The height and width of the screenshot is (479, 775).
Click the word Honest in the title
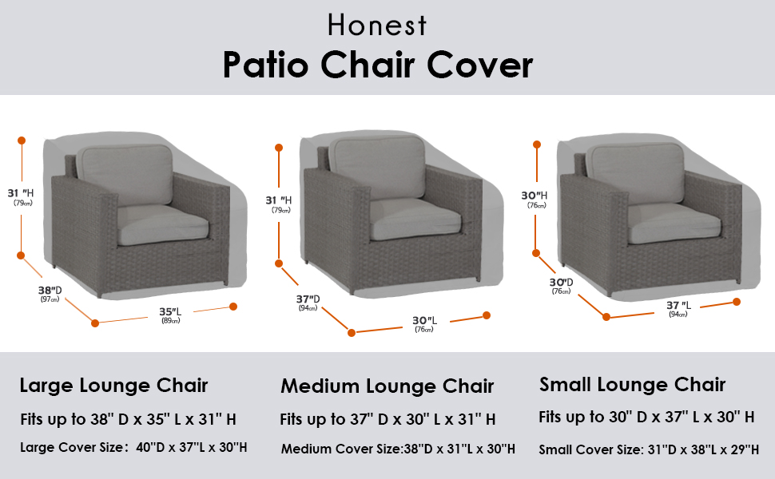(x=376, y=26)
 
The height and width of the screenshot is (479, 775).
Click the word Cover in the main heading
(x=479, y=65)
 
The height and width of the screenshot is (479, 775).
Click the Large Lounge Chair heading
(x=113, y=385)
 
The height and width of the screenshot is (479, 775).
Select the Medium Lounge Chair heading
(x=387, y=386)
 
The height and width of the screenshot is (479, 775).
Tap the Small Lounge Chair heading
(x=633, y=384)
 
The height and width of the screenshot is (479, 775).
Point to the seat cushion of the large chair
(x=162, y=224)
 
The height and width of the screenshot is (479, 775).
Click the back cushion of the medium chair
(x=377, y=168)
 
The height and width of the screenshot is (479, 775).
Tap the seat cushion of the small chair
(x=674, y=223)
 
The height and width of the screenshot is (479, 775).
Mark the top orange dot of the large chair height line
(x=22, y=141)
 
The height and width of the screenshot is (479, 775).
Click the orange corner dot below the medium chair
(x=352, y=333)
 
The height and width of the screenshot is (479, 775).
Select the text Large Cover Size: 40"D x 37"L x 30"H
(x=133, y=447)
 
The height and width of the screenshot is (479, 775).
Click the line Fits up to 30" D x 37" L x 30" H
(x=646, y=418)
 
